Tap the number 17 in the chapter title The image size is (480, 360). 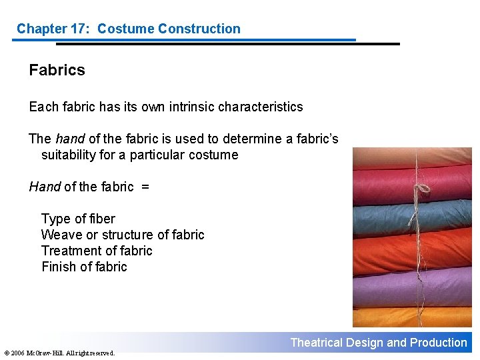click(79, 29)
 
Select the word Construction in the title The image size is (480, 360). click(198, 29)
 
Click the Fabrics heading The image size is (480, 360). click(57, 70)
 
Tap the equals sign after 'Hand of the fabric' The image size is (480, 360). click(145, 187)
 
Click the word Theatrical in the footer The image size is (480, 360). click(316, 343)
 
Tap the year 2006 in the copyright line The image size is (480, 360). click(17, 353)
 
